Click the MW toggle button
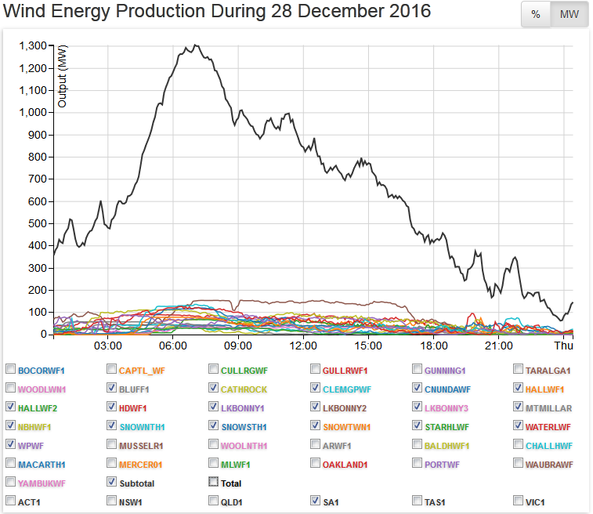[x=569, y=14]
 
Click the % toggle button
[x=536, y=14]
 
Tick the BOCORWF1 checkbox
[x=10, y=369]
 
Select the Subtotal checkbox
[x=112, y=483]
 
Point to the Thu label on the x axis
[x=563, y=346]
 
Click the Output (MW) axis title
[x=62, y=75]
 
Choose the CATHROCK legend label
[x=244, y=389]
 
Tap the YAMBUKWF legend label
[x=41, y=483]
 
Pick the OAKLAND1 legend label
[x=346, y=465]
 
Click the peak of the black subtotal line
[x=195, y=45]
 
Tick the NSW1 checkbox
[x=112, y=501]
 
